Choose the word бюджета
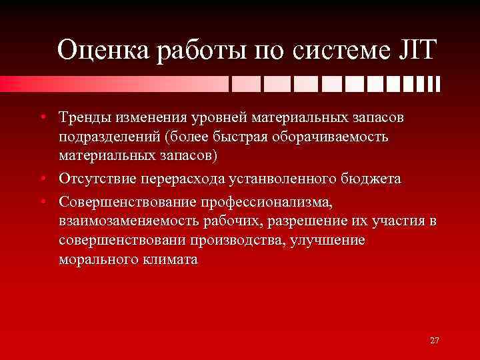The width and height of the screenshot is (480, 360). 374,179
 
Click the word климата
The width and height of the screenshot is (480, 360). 173,259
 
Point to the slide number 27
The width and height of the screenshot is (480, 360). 435,341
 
